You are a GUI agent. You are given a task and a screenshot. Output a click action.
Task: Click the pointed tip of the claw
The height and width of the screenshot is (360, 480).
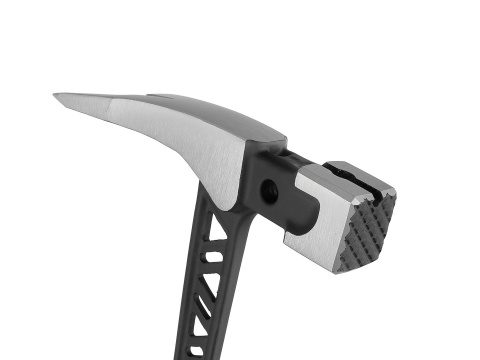(56, 96)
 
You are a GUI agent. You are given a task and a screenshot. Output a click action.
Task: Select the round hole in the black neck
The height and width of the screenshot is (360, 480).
(269, 187)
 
